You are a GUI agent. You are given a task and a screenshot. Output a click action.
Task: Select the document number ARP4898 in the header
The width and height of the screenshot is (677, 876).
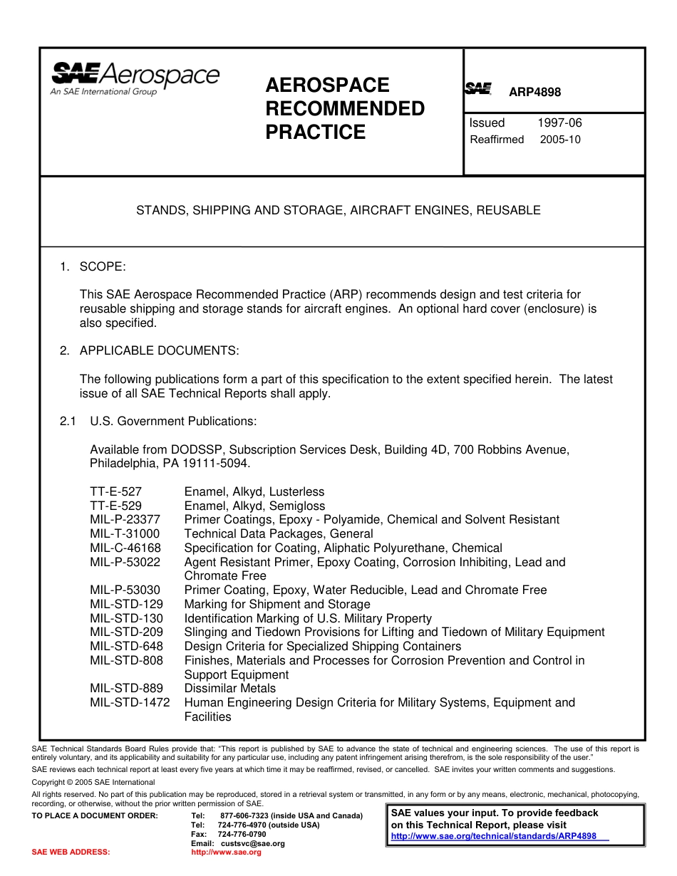pyautogui.click(x=534, y=93)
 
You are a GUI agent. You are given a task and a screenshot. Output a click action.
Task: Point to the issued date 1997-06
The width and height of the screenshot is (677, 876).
pyautogui.click(x=559, y=122)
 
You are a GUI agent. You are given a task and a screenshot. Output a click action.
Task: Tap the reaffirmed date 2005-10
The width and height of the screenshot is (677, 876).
pyautogui.click(x=560, y=140)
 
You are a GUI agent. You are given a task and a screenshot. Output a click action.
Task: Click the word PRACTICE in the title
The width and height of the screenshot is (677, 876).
pyautogui.click(x=315, y=132)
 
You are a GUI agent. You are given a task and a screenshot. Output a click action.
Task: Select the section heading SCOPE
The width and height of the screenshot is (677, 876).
pyautogui.click(x=103, y=266)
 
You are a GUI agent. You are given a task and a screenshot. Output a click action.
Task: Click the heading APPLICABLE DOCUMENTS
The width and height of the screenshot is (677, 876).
pyautogui.click(x=160, y=350)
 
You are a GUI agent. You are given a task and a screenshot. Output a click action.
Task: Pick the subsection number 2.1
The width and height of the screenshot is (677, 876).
pyautogui.click(x=68, y=421)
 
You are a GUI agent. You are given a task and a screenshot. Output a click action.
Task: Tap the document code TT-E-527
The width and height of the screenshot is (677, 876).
pyautogui.click(x=116, y=491)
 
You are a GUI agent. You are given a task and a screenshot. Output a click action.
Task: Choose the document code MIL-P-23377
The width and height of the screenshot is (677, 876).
pyautogui.click(x=125, y=520)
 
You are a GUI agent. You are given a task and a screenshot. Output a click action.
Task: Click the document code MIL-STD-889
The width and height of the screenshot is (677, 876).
pyautogui.click(x=126, y=688)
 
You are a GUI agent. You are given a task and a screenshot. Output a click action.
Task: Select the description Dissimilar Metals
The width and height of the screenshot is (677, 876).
pyautogui.click(x=229, y=688)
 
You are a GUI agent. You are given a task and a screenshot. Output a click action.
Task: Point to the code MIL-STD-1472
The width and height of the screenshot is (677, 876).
pyautogui.click(x=130, y=702)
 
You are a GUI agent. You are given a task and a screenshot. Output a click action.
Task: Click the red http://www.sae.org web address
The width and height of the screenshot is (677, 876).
pyautogui.click(x=226, y=852)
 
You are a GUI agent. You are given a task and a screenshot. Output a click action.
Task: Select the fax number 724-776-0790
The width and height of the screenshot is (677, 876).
pyautogui.click(x=242, y=834)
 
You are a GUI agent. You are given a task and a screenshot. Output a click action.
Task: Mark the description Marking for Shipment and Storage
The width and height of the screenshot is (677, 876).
pyautogui.click(x=277, y=604)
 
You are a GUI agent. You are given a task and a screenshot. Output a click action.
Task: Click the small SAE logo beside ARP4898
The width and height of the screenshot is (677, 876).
pyautogui.click(x=478, y=89)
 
